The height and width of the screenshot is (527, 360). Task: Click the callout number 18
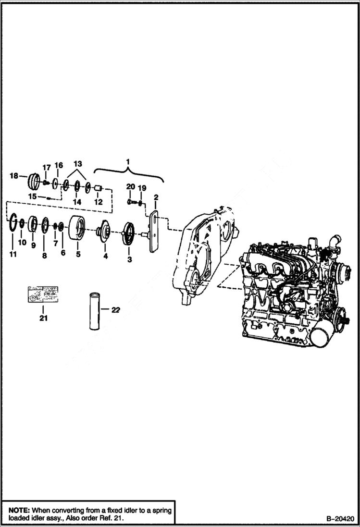(14, 176)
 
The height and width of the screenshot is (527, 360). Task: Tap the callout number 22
(115, 310)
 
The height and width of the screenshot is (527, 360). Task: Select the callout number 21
(43, 318)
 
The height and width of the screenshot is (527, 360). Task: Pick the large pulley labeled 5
(78, 228)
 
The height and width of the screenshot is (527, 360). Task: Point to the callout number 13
(77, 164)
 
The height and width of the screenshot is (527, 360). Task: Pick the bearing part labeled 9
(33, 224)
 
